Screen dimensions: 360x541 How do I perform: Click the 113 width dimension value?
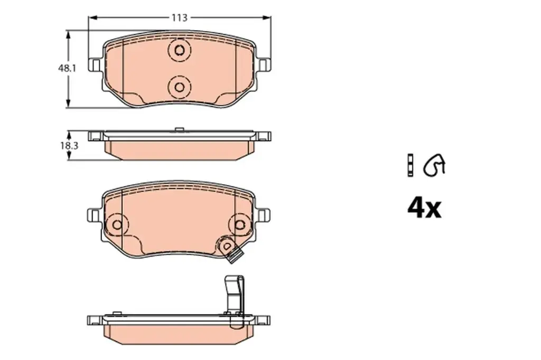[179, 17]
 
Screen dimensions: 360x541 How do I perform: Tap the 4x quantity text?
[424, 209]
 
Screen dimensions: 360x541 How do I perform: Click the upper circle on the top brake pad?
[179, 51]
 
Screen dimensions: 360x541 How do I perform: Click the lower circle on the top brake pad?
[179, 87]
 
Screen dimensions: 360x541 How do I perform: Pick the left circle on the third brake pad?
[117, 224]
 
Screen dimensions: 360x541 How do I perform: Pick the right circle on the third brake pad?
[240, 224]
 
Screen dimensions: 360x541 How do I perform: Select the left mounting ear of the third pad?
[94, 215]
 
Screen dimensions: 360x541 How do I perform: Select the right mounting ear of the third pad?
[264, 215]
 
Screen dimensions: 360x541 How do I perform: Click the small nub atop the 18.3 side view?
[179, 129]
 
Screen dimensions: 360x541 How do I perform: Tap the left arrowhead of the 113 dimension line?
[91, 17]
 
